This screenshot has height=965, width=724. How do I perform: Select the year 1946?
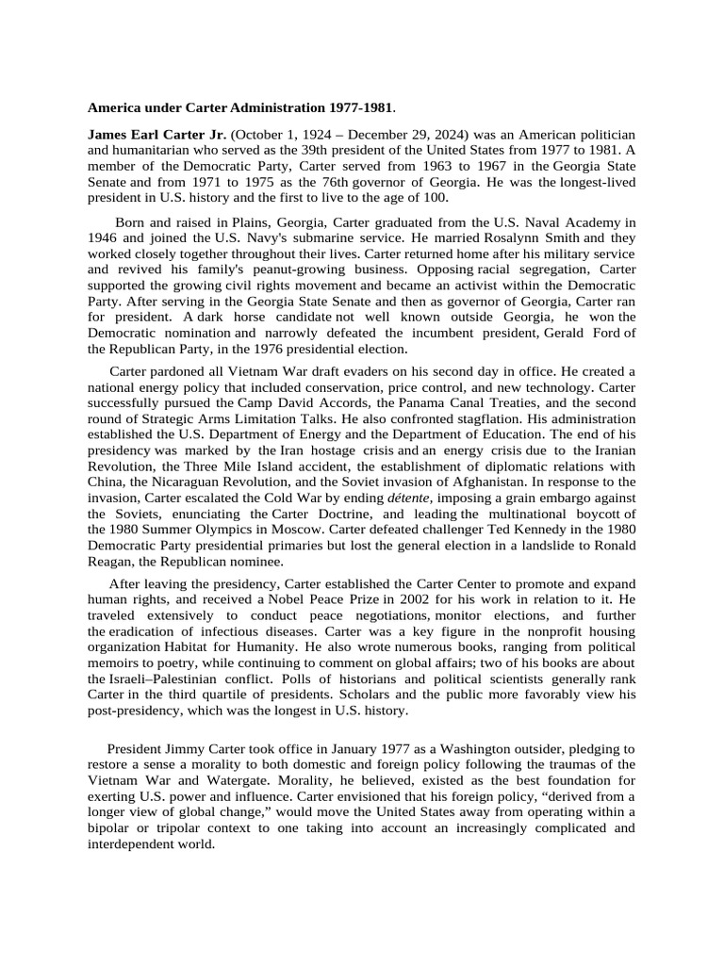click(102, 239)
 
